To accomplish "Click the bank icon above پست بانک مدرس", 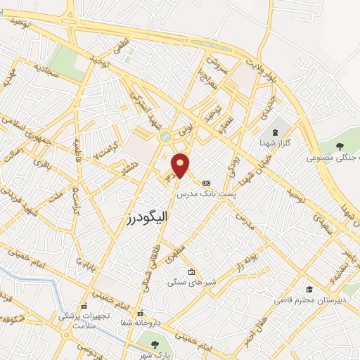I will click(206, 182).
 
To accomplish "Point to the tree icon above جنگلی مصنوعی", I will click(340, 146).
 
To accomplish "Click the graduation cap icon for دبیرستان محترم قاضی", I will click(309, 289).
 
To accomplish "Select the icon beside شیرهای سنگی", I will click(191, 272).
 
